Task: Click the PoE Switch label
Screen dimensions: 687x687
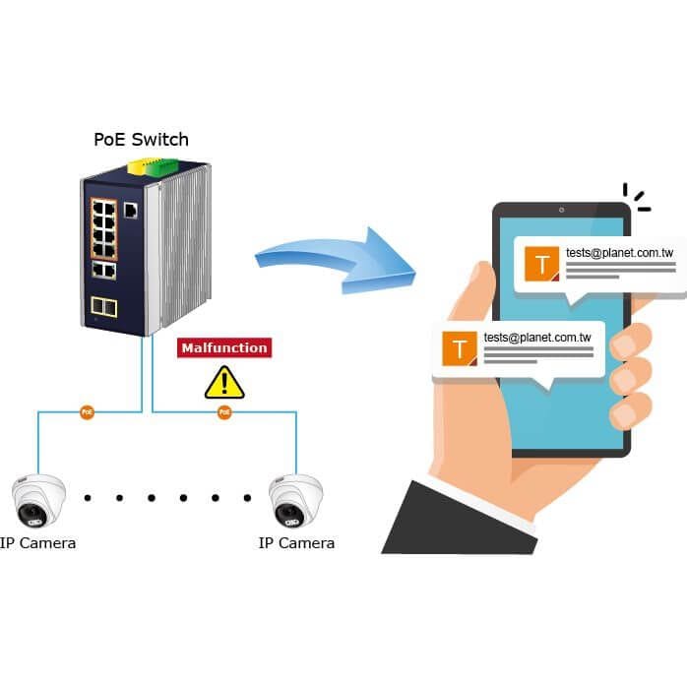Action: (141, 140)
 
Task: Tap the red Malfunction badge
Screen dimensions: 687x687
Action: (224, 347)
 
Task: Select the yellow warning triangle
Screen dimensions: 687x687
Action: (224, 383)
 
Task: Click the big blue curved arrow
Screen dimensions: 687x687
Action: (337, 261)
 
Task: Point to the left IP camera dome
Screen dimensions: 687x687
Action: (38, 500)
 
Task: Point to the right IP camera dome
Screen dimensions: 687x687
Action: (295, 500)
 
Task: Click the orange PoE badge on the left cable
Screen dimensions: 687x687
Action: (88, 411)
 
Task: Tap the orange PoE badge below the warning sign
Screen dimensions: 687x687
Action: (224, 411)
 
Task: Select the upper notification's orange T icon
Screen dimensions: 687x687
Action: (542, 264)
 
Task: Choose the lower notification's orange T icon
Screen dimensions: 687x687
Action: (460, 348)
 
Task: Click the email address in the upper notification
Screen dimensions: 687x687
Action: (619, 253)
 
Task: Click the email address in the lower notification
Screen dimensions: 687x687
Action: (537, 338)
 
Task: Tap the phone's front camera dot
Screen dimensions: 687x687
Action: (561, 211)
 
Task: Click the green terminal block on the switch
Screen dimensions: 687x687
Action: (163, 168)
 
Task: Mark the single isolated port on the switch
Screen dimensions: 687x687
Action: (131, 211)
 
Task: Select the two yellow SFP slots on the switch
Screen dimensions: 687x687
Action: (104, 307)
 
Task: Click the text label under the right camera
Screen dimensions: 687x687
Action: (296, 543)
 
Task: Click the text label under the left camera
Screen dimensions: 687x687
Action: (37, 543)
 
